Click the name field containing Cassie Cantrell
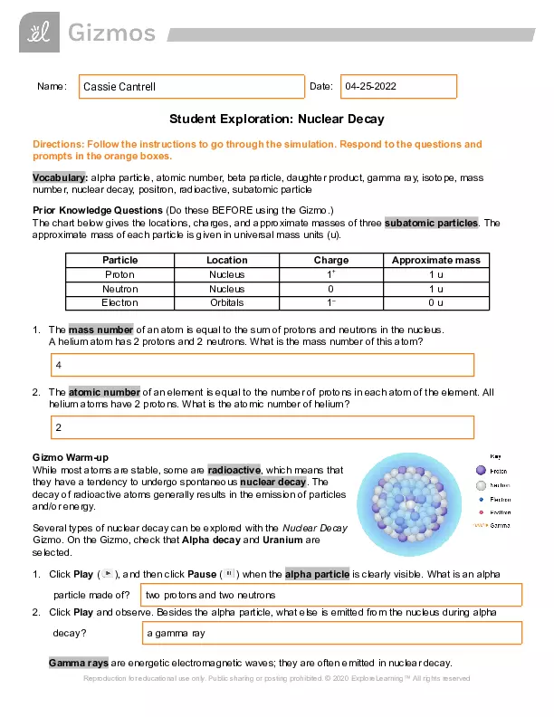pyautogui.click(x=191, y=86)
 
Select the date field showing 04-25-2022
pyautogui.click(x=398, y=86)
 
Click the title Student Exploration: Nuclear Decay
pyautogui.click(x=277, y=119)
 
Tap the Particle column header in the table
pyautogui.click(x=119, y=260)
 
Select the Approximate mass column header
pyautogui.click(x=435, y=260)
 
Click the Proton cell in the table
pyautogui.click(x=119, y=274)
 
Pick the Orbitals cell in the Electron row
pyautogui.click(x=226, y=302)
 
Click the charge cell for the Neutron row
pyautogui.click(x=330, y=289)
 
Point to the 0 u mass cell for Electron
pyautogui.click(x=435, y=302)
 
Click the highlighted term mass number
pyautogui.click(x=101, y=330)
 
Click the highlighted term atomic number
pyautogui.click(x=104, y=392)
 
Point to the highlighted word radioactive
pyautogui.click(x=234, y=470)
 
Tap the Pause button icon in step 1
pyautogui.click(x=229, y=574)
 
